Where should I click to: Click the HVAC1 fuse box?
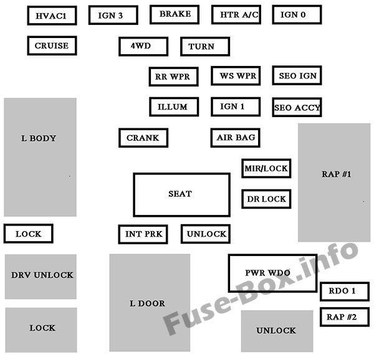[52, 15]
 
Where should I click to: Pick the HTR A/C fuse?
[236, 14]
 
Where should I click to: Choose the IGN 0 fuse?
[297, 14]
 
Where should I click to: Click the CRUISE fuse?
[52, 45]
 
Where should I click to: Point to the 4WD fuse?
[143, 46]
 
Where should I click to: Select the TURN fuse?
[204, 47]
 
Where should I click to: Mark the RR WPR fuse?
[173, 77]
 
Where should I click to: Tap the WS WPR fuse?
[234, 76]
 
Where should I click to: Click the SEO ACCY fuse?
[297, 107]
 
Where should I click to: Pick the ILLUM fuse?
[173, 107]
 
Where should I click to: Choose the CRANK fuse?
[143, 138]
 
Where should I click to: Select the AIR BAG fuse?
[234, 138]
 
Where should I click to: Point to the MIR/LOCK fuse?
[266, 168]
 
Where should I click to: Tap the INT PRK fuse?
[143, 234]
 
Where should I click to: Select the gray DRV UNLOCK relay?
[41, 275]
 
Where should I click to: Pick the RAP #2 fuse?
[341, 317]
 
